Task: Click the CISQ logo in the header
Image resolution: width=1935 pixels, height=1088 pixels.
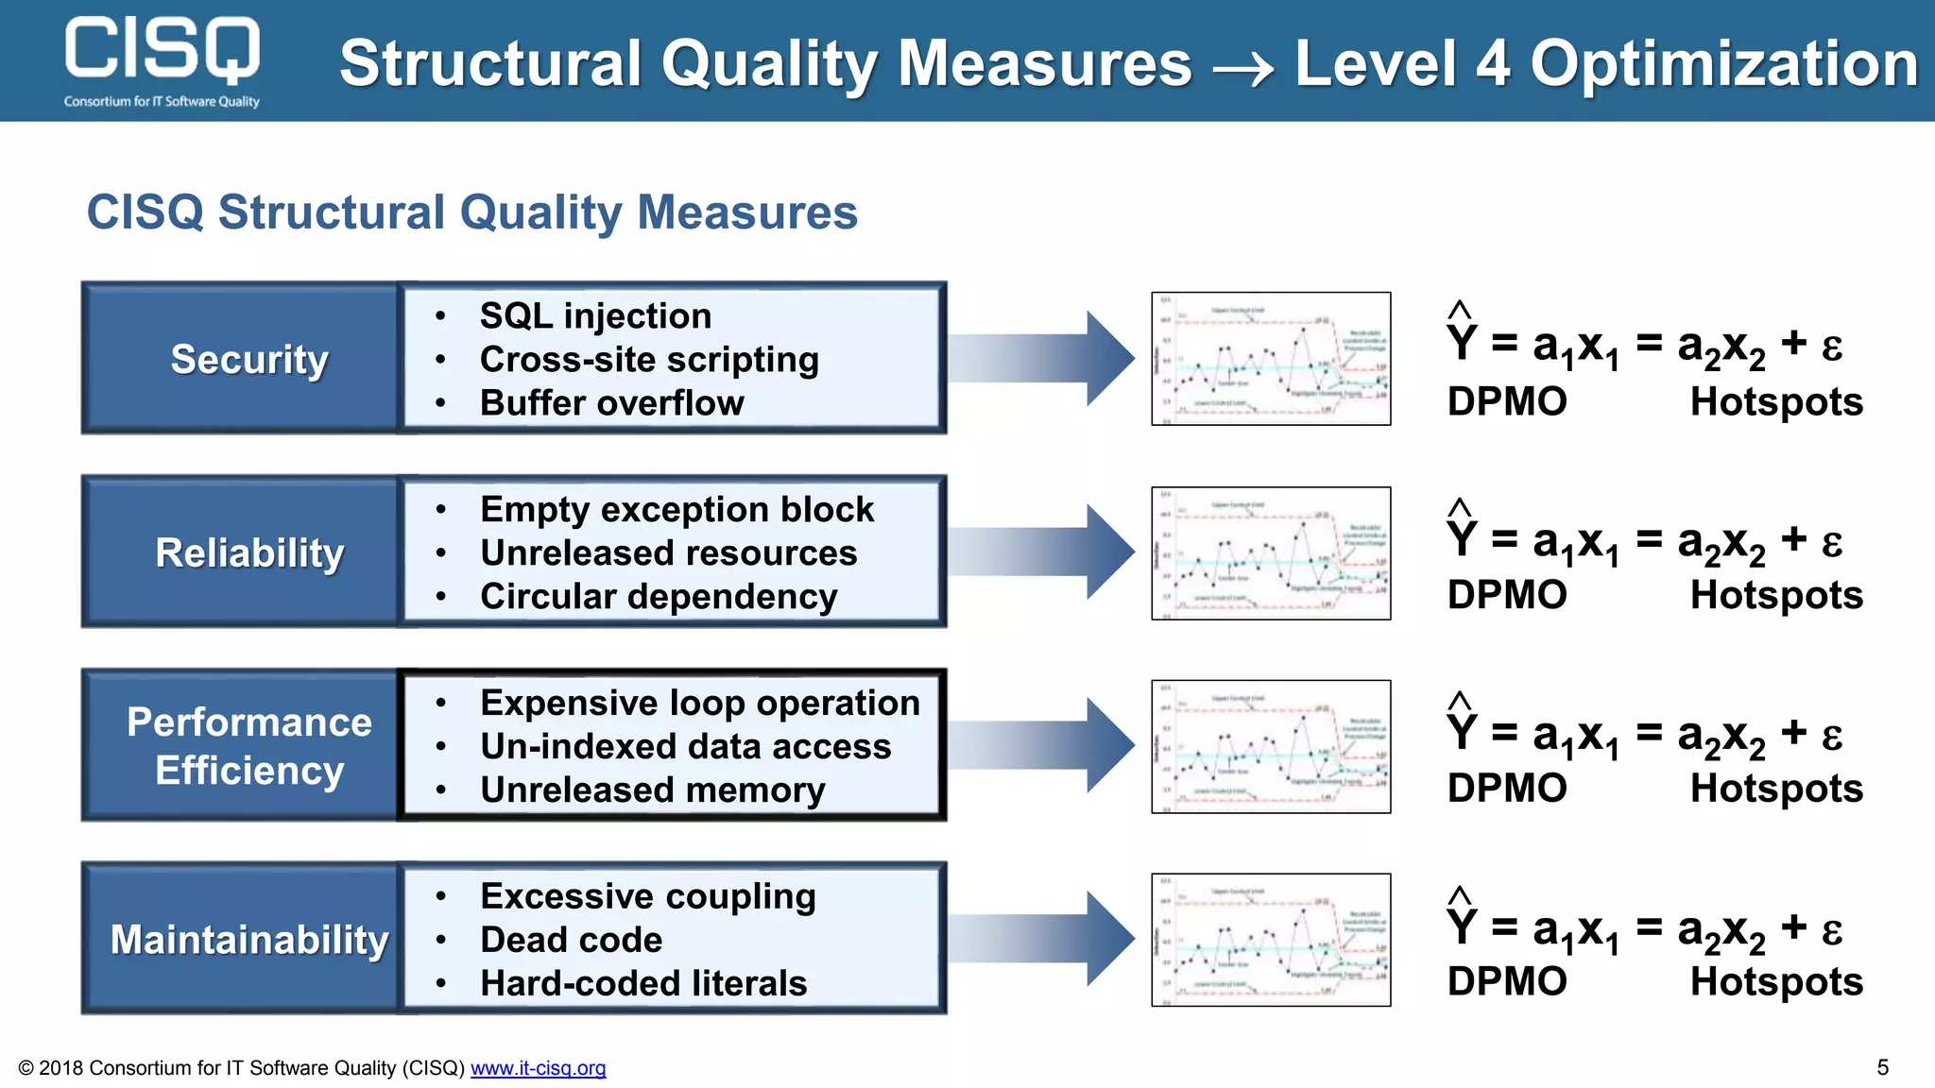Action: click(162, 59)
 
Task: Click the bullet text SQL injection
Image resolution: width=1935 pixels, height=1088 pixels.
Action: click(595, 316)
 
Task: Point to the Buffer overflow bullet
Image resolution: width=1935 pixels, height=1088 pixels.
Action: click(611, 403)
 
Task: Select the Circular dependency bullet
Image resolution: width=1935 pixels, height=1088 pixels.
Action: click(659, 597)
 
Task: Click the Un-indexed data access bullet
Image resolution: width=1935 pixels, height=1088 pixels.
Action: click(685, 747)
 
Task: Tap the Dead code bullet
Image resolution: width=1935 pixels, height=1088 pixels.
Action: click(571, 940)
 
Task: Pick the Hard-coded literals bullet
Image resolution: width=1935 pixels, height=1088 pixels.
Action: click(643, 983)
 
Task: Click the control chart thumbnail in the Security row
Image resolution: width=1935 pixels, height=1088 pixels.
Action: click(1271, 359)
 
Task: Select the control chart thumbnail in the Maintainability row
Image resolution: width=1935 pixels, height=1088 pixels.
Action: click(1271, 940)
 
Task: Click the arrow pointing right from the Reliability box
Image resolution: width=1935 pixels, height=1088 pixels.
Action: click(1039, 552)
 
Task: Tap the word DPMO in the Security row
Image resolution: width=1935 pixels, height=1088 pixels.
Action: click(1507, 402)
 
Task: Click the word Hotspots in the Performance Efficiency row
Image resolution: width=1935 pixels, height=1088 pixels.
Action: click(1776, 789)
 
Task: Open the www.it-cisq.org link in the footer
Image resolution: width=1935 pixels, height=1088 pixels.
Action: click(538, 1068)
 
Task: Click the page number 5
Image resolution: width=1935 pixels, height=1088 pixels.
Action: click(1882, 1067)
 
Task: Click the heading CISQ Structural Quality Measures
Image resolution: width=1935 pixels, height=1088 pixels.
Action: click(471, 212)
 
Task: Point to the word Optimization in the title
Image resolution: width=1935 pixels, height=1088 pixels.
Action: click(1723, 64)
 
